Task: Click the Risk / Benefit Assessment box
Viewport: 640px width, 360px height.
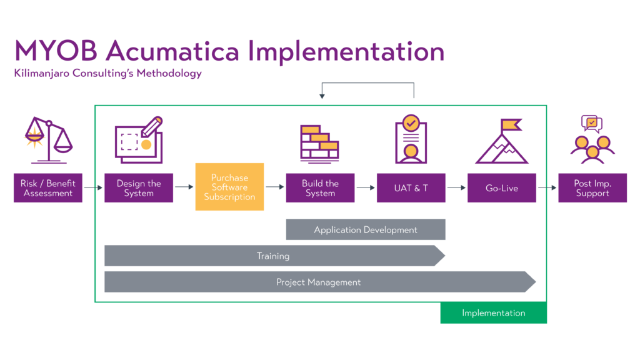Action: pyautogui.click(x=48, y=188)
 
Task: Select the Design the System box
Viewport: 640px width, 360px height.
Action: pyautogui.click(x=139, y=188)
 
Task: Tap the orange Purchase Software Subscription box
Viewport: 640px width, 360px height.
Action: pyautogui.click(x=229, y=187)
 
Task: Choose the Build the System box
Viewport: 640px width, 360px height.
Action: pyautogui.click(x=320, y=188)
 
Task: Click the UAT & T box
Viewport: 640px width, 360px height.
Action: pyautogui.click(x=411, y=188)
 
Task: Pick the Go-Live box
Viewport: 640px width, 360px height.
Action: pyautogui.click(x=501, y=188)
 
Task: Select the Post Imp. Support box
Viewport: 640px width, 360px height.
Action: pyautogui.click(x=592, y=188)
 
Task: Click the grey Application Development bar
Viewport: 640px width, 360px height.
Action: pyautogui.click(x=366, y=229)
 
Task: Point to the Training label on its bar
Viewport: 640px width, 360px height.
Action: pyautogui.click(x=273, y=256)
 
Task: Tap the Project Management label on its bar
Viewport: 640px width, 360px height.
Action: pyautogui.click(x=318, y=282)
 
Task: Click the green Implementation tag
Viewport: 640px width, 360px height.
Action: pyautogui.click(x=493, y=313)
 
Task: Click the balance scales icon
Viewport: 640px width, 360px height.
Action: pyautogui.click(x=48, y=139)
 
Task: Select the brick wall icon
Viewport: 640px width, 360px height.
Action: pyautogui.click(x=319, y=141)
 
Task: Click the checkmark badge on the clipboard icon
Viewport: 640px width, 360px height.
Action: pyautogui.click(x=411, y=122)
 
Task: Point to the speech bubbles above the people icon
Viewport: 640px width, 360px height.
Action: pyautogui.click(x=591, y=124)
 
